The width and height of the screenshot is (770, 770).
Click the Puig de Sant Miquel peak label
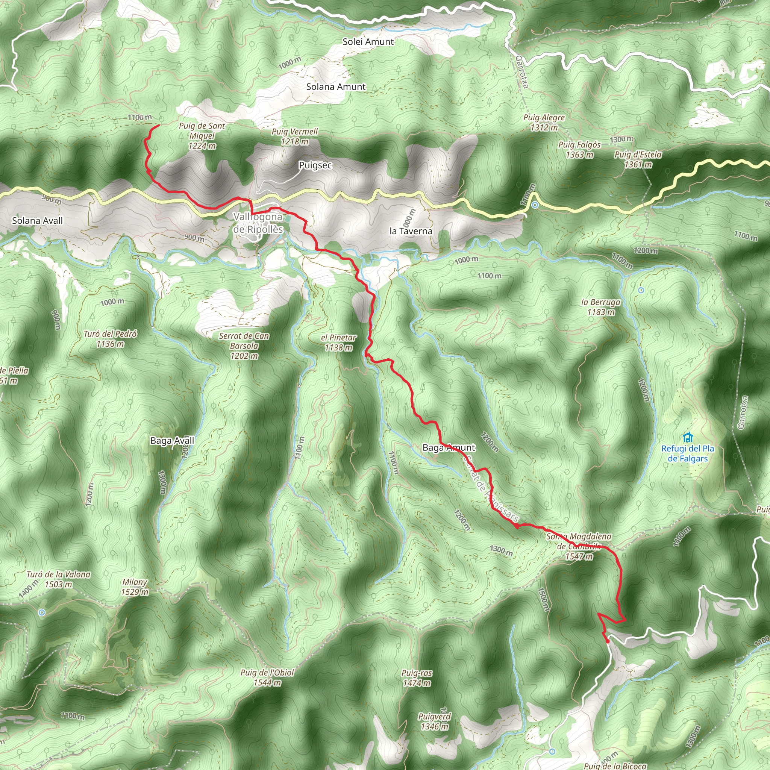click(202, 136)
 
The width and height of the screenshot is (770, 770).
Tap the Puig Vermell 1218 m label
click(294, 136)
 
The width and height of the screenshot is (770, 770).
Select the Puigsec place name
click(315, 165)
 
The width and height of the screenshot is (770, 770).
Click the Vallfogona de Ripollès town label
click(258, 223)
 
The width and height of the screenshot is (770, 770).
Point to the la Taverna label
click(411, 231)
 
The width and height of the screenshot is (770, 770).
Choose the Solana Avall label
click(38, 220)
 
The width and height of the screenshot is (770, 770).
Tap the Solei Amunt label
click(368, 41)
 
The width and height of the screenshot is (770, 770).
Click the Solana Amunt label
click(336, 86)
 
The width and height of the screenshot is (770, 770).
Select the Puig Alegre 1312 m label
click(544, 122)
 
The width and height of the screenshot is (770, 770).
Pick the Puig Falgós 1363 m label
click(579, 150)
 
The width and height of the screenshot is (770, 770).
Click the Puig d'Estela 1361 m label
click(638, 159)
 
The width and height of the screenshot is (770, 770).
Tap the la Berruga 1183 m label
click(600, 307)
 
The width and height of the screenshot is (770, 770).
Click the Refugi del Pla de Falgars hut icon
click(688, 438)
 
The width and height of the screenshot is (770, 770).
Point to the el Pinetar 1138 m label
click(338, 343)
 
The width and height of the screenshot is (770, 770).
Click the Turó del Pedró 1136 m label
click(110, 338)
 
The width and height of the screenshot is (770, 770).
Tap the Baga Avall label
click(172, 440)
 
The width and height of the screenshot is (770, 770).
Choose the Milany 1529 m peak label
click(135, 587)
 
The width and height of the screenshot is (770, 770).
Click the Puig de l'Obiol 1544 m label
click(267, 677)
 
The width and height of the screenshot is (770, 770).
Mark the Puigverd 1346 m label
click(434, 721)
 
